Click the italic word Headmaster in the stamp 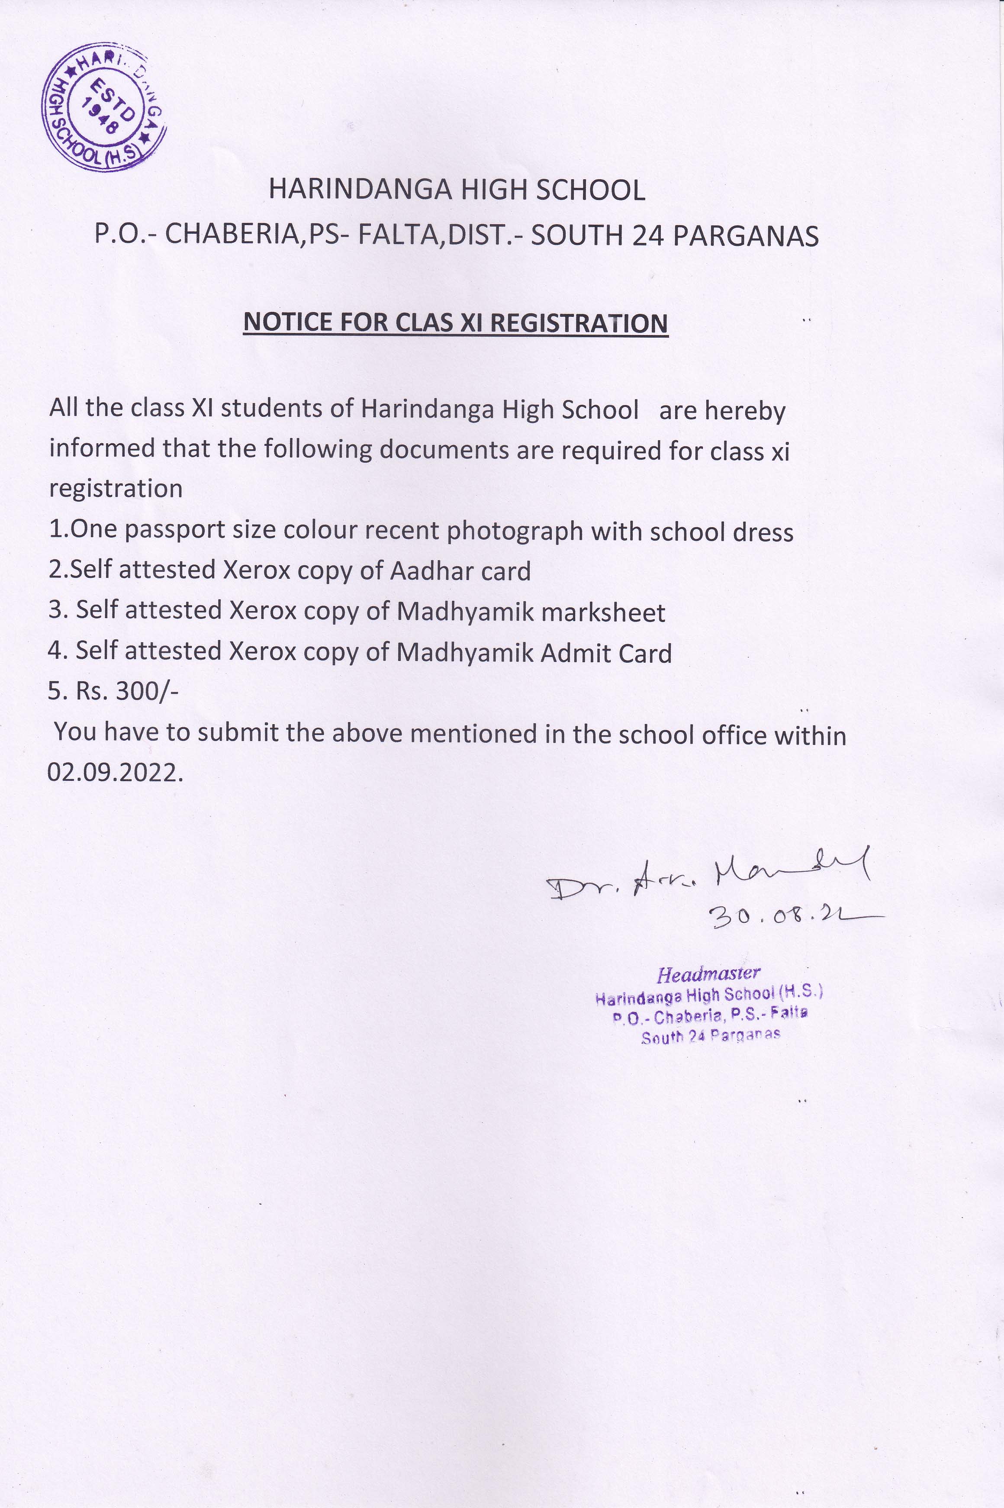[708, 974]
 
